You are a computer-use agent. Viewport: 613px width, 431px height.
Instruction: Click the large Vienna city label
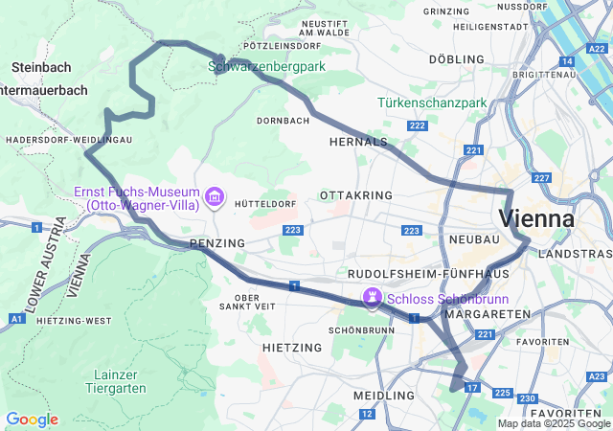point(536,218)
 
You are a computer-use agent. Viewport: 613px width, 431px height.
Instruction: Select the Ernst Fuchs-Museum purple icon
point(215,198)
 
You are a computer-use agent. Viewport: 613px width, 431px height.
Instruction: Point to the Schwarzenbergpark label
point(267,66)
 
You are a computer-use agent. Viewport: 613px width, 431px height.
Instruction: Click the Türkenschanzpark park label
point(432,102)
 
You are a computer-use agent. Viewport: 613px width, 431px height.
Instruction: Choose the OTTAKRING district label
point(356,194)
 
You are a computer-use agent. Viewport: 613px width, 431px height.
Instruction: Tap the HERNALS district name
point(357,141)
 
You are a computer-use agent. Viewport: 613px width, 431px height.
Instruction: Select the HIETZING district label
point(291,347)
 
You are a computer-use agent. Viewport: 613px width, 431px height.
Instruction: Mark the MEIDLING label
point(384,395)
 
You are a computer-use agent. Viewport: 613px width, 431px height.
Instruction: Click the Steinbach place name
point(42,68)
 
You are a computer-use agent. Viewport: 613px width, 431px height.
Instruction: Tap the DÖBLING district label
point(457,59)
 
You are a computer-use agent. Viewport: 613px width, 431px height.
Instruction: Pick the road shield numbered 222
point(417,125)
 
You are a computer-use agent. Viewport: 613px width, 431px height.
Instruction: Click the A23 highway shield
point(596,376)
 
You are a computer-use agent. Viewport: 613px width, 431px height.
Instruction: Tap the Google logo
point(32,420)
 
